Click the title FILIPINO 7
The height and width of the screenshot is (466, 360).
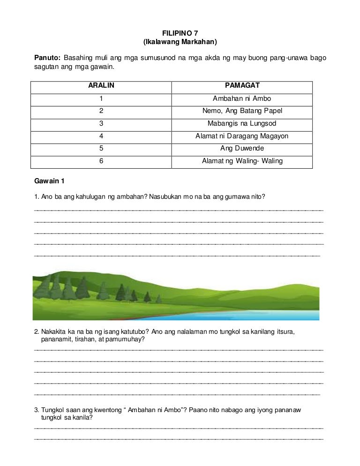click(180, 33)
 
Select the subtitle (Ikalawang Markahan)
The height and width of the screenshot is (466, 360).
click(180, 42)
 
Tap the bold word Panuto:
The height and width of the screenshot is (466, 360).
click(47, 58)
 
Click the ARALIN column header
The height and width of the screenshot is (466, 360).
click(101, 86)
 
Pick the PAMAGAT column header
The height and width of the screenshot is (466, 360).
click(242, 86)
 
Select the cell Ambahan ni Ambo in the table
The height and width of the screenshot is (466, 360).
click(242, 99)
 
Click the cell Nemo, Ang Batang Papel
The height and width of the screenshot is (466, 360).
click(242, 111)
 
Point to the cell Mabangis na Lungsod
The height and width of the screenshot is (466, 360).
click(242, 124)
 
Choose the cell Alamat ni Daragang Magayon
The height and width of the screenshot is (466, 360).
click(242, 136)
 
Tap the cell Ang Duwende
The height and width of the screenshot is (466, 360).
click(242, 149)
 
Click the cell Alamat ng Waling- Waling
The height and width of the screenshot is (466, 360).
click(242, 161)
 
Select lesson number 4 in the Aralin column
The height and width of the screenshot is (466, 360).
click(101, 136)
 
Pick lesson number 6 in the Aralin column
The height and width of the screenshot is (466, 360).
click(101, 161)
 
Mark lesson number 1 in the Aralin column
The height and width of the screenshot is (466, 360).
click(101, 99)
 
